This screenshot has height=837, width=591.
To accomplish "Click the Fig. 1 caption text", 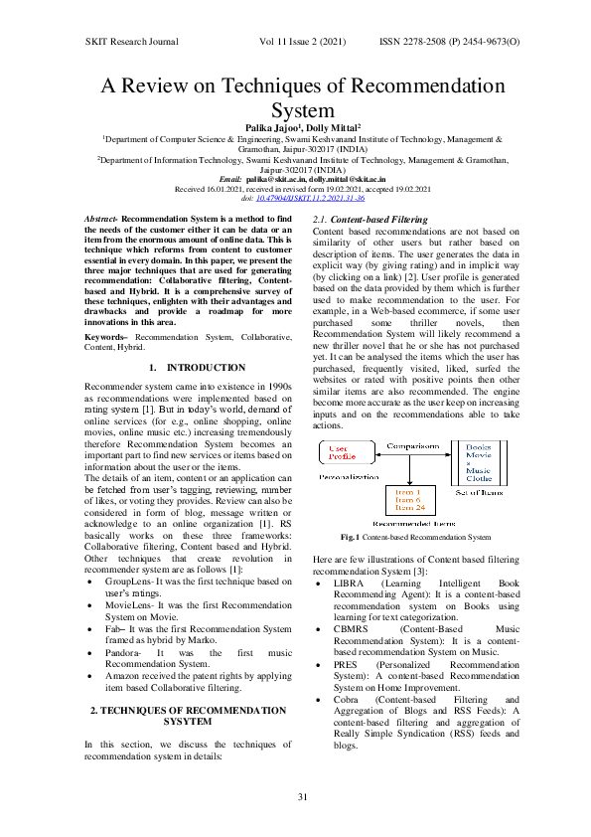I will click(x=415, y=537).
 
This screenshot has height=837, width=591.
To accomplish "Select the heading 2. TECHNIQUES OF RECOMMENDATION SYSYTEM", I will click(x=187, y=690).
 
